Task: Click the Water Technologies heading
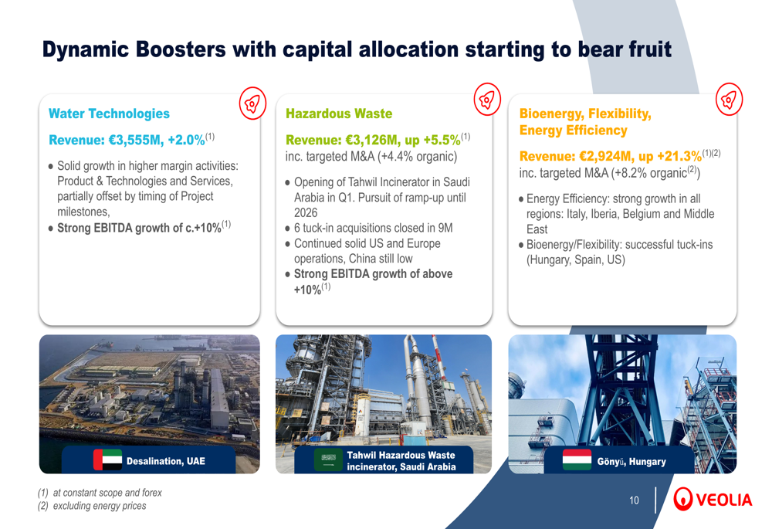click(x=109, y=114)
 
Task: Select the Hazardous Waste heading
click(x=339, y=114)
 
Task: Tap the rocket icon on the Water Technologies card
click(x=252, y=103)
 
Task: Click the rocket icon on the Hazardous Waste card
click(x=487, y=100)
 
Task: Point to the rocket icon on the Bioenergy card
click(x=729, y=100)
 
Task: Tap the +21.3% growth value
click(x=679, y=157)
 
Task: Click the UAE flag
click(x=107, y=459)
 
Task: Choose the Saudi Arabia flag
click(x=328, y=459)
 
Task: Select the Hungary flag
click(x=577, y=459)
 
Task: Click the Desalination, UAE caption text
click(x=165, y=461)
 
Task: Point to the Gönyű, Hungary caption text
click(x=631, y=462)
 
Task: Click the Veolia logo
click(x=713, y=500)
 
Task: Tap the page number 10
click(x=634, y=500)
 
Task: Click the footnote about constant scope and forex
click(x=100, y=493)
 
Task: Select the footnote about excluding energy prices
click(x=92, y=506)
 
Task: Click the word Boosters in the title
click(x=181, y=49)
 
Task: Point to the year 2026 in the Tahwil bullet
click(x=306, y=213)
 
